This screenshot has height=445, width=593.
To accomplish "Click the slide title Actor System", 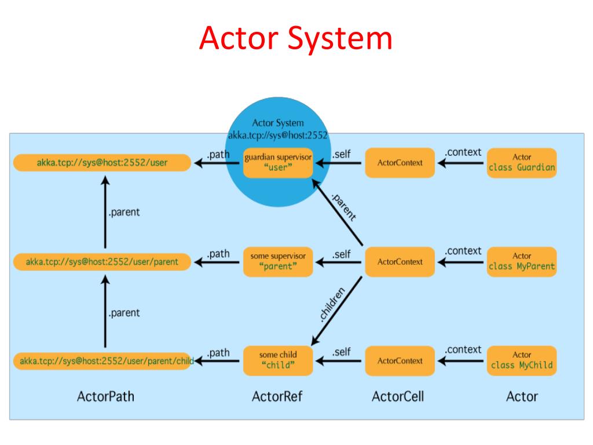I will pos(296,39).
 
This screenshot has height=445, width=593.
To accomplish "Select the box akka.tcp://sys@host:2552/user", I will pos(102,163).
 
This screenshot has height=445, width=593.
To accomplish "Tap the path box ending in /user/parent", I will pos(102,262).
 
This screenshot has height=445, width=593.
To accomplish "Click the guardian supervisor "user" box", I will pos(278,163).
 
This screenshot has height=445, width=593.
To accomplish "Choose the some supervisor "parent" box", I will pos(278,261).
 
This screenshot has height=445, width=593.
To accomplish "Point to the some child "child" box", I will pos(278,360).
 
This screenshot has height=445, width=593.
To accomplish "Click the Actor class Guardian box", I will pos(522,163).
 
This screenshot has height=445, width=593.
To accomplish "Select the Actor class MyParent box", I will pos(522,261).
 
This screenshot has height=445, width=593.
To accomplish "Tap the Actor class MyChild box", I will pos(522,360).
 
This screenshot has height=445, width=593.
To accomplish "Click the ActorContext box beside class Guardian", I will pos(400,163).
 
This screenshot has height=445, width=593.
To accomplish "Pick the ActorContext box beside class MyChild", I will pos(400,360).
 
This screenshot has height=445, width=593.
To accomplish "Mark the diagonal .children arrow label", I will pos(332,304).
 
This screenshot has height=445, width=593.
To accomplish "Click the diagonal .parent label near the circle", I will pos(343,207).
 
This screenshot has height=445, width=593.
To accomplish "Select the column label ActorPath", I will pos(105,397).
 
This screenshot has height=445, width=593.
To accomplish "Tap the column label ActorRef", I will pos(277,397).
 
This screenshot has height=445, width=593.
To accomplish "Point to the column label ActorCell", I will pos(398,397).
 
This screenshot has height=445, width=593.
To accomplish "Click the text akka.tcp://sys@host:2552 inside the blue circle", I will pos(278,136).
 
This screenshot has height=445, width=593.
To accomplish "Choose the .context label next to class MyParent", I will pos(463,251).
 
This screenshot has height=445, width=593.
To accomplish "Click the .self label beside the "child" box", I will pos(341,352).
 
